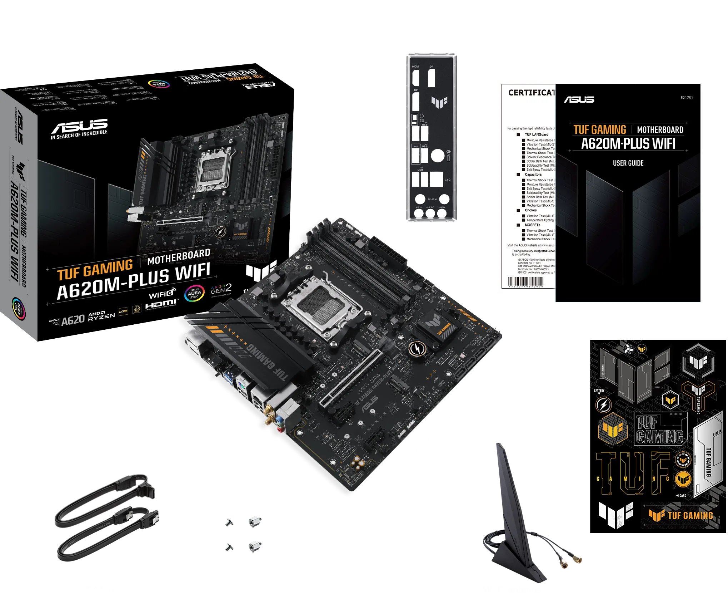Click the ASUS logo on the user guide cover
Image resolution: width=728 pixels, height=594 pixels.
579,99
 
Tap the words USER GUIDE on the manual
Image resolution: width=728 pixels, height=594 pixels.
628,163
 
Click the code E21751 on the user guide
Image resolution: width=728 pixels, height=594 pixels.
686,98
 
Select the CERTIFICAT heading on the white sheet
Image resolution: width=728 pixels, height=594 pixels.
532,93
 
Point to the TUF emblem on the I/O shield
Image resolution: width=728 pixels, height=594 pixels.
439,102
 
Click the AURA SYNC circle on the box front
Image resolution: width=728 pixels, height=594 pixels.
194,293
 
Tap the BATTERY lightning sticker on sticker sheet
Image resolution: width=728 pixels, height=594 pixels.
603,405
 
